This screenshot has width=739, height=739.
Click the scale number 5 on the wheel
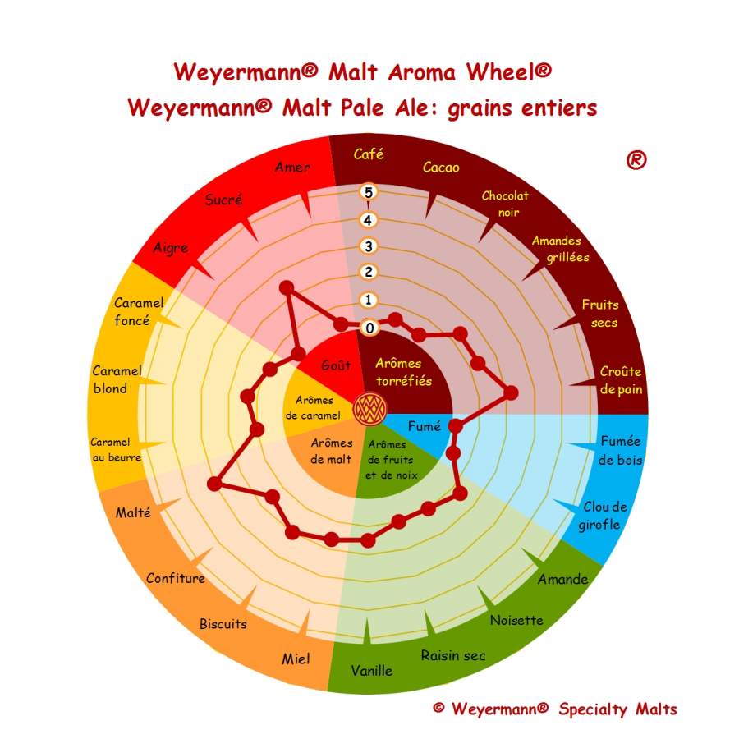tap(369, 192)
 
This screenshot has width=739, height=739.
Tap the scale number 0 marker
tap(369, 328)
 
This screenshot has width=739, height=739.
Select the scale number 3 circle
tap(369, 246)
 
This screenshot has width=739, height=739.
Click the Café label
tap(369, 154)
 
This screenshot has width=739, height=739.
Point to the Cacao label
tap(441, 168)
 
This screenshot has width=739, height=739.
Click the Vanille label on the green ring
tap(371, 670)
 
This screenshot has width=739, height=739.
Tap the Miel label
tap(296, 659)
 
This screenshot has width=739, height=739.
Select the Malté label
tap(133, 512)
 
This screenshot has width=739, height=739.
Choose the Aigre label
tap(171, 248)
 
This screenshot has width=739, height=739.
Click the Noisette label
tap(516, 620)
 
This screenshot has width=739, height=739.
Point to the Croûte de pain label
tap(622, 380)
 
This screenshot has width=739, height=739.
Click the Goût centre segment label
tap(336, 365)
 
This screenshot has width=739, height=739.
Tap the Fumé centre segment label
tap(425, 426)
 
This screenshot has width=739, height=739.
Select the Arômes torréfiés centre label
tap(403, 372)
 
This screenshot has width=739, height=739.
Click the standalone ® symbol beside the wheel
tap(636, 160)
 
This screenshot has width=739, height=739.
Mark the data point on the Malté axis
tap(214, 484)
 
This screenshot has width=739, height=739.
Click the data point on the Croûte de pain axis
tap(511, 392)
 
